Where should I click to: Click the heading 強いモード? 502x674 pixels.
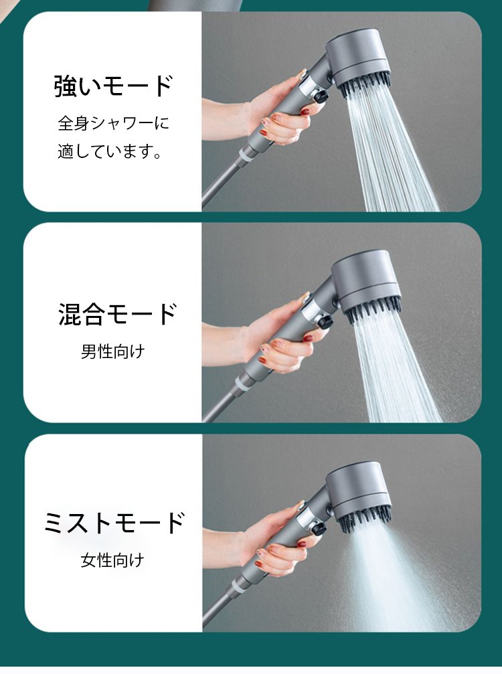(x=114, y=86)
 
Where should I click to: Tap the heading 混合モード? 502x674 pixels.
(x=117, y=313)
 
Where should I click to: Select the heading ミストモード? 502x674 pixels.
(x=114, y=523)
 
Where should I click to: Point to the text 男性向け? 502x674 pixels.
(x=113, y=351)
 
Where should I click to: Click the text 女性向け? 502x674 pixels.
(x=112, y=560)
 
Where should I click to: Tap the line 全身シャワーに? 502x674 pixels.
(x=114, y=123)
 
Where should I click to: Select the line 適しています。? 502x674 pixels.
(x=110, y=151)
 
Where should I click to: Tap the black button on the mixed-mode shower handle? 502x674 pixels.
(x=325, y=322)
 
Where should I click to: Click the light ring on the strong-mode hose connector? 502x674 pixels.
(x=246, y=153)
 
